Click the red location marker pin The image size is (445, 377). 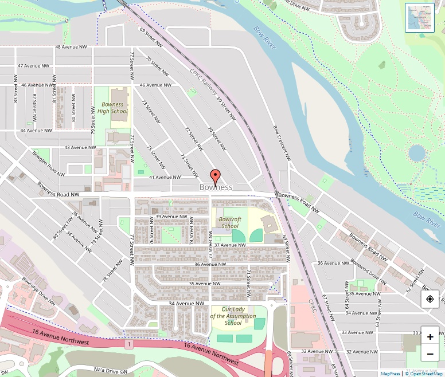point(215,176)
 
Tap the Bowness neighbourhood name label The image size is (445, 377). point(216,187)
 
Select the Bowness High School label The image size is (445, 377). point(112,108)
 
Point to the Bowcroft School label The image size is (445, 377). point(230,222)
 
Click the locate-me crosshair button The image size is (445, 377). point(430,299)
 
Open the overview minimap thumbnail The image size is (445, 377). point(420,18)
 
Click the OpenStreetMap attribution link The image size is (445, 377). point(424,374)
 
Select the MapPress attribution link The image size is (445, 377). point(390,374)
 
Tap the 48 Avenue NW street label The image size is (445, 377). point(71,47)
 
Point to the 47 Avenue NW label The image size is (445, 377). point(36,66)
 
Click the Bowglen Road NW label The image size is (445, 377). point(48,163)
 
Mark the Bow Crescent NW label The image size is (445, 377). point(282,143)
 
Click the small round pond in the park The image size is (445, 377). point(417,153)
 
